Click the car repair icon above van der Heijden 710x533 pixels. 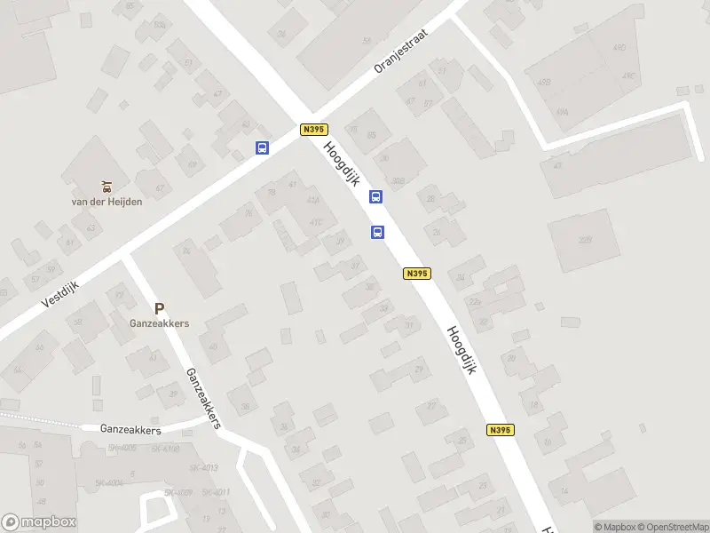(106, 186)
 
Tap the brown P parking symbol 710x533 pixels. (159, 309)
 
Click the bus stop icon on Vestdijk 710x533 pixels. (262, 148)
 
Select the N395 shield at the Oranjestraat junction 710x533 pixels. (313, 130)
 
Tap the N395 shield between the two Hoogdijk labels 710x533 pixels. (417, 274)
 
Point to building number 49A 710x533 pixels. (563, 112)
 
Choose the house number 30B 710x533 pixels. (398, 180)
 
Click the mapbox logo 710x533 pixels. (38, 522)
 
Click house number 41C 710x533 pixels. (315, 222)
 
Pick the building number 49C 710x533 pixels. (630, 76)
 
